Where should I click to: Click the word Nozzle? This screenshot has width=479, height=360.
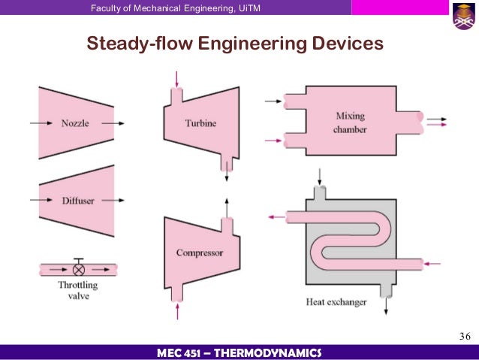[75, 123]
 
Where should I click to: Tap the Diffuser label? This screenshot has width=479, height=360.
[77, 201]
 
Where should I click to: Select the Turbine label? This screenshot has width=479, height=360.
[200, 122]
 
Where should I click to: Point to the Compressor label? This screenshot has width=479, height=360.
[200, 253]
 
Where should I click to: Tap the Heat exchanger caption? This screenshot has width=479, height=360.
[336, 302]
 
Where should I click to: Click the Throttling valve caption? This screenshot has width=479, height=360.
[77, 291]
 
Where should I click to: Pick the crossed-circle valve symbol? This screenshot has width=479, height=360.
[78, 268]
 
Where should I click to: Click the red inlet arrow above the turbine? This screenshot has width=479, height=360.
[176, 78]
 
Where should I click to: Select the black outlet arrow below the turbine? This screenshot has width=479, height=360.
[226, 171]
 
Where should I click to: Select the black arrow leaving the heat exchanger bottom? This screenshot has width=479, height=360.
[387, 304]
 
